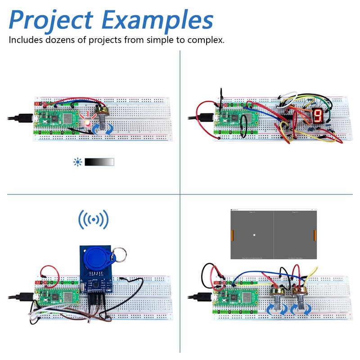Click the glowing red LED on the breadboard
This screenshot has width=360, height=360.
(88, 123)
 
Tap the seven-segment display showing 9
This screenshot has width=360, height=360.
(317, 116)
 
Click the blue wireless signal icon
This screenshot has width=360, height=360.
(94, 220)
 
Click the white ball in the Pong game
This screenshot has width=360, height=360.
(255, 235)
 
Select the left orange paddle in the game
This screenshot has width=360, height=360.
(233, 234)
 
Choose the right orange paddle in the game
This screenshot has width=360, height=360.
(315, 234)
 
